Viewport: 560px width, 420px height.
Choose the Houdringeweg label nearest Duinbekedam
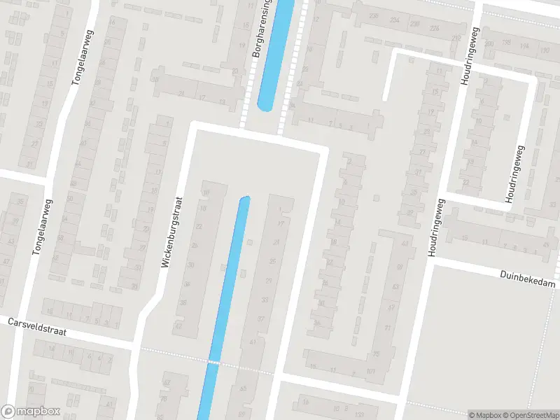click(436, 228)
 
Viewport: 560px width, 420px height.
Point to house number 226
click(434, 28)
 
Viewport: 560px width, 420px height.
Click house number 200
click(489, 43)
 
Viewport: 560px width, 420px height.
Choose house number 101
click(370, 371)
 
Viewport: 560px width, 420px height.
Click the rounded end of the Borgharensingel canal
click(266, 106)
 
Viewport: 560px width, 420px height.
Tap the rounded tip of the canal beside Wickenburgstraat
click(244, 200)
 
